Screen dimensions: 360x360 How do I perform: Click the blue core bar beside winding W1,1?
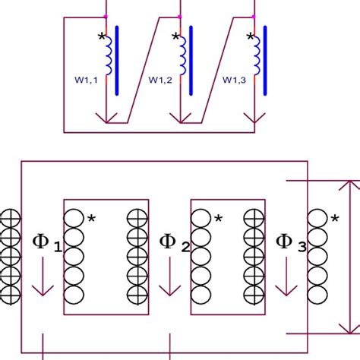117,61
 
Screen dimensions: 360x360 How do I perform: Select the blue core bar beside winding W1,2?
191,61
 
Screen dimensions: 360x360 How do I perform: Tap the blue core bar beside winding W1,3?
265,61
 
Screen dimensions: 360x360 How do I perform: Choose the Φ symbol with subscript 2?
168,242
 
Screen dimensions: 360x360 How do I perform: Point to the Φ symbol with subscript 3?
286,242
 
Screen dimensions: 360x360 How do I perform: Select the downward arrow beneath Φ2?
168,277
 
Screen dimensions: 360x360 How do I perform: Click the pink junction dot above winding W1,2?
180,16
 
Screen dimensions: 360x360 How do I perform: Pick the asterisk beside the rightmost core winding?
335,219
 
